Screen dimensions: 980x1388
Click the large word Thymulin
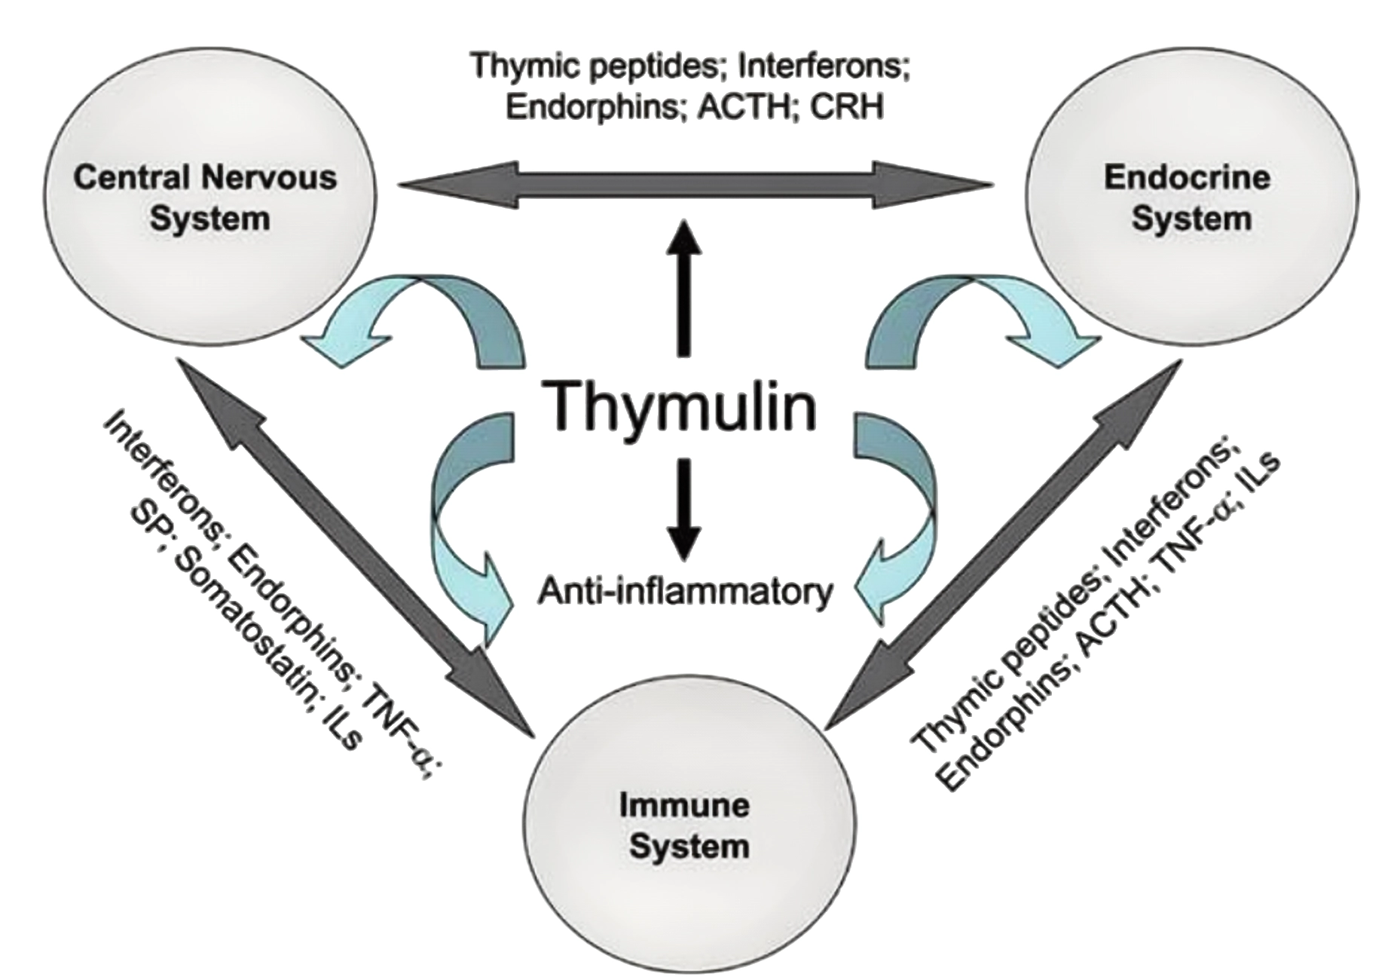click(682, 407)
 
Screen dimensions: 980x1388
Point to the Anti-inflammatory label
click(684, 592)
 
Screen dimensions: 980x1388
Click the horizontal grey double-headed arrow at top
click(693, 183)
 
